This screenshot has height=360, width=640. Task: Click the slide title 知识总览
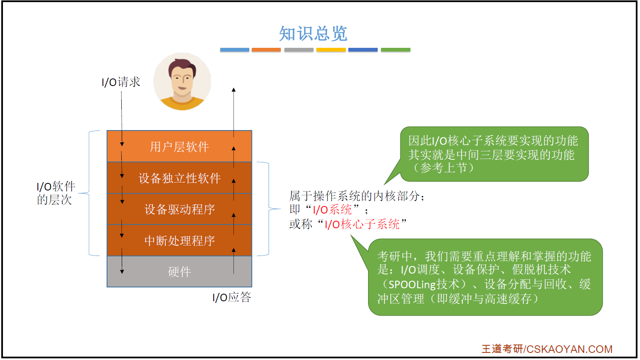pos(313,34)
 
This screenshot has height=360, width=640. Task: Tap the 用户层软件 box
pos(179,146)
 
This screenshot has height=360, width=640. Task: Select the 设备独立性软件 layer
pos(179,178)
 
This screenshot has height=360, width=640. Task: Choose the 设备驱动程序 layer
pos(179,209)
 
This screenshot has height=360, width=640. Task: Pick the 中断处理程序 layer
pos(179,240)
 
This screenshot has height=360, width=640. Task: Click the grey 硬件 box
pos(179,271)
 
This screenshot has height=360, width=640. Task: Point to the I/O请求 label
pos(121,82)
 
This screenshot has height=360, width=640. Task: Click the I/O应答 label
pos(232,297)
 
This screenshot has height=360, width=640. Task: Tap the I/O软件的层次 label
pos(55,193)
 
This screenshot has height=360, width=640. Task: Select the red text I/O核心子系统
pos(362,224)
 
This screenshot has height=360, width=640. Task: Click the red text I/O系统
pos(332,210)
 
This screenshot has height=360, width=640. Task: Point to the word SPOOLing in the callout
pos(412,284)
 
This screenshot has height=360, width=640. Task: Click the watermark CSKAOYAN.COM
pos(569,349)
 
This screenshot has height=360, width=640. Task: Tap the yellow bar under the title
pos(331,50)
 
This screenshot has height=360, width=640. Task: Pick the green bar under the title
pos(395,50)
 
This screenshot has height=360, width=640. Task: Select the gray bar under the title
pos(298,50)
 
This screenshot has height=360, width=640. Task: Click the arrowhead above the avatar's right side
pos(234,89)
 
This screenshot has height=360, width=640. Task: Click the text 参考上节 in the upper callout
pos(444,168)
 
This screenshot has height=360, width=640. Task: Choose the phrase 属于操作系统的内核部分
pos(354,196)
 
